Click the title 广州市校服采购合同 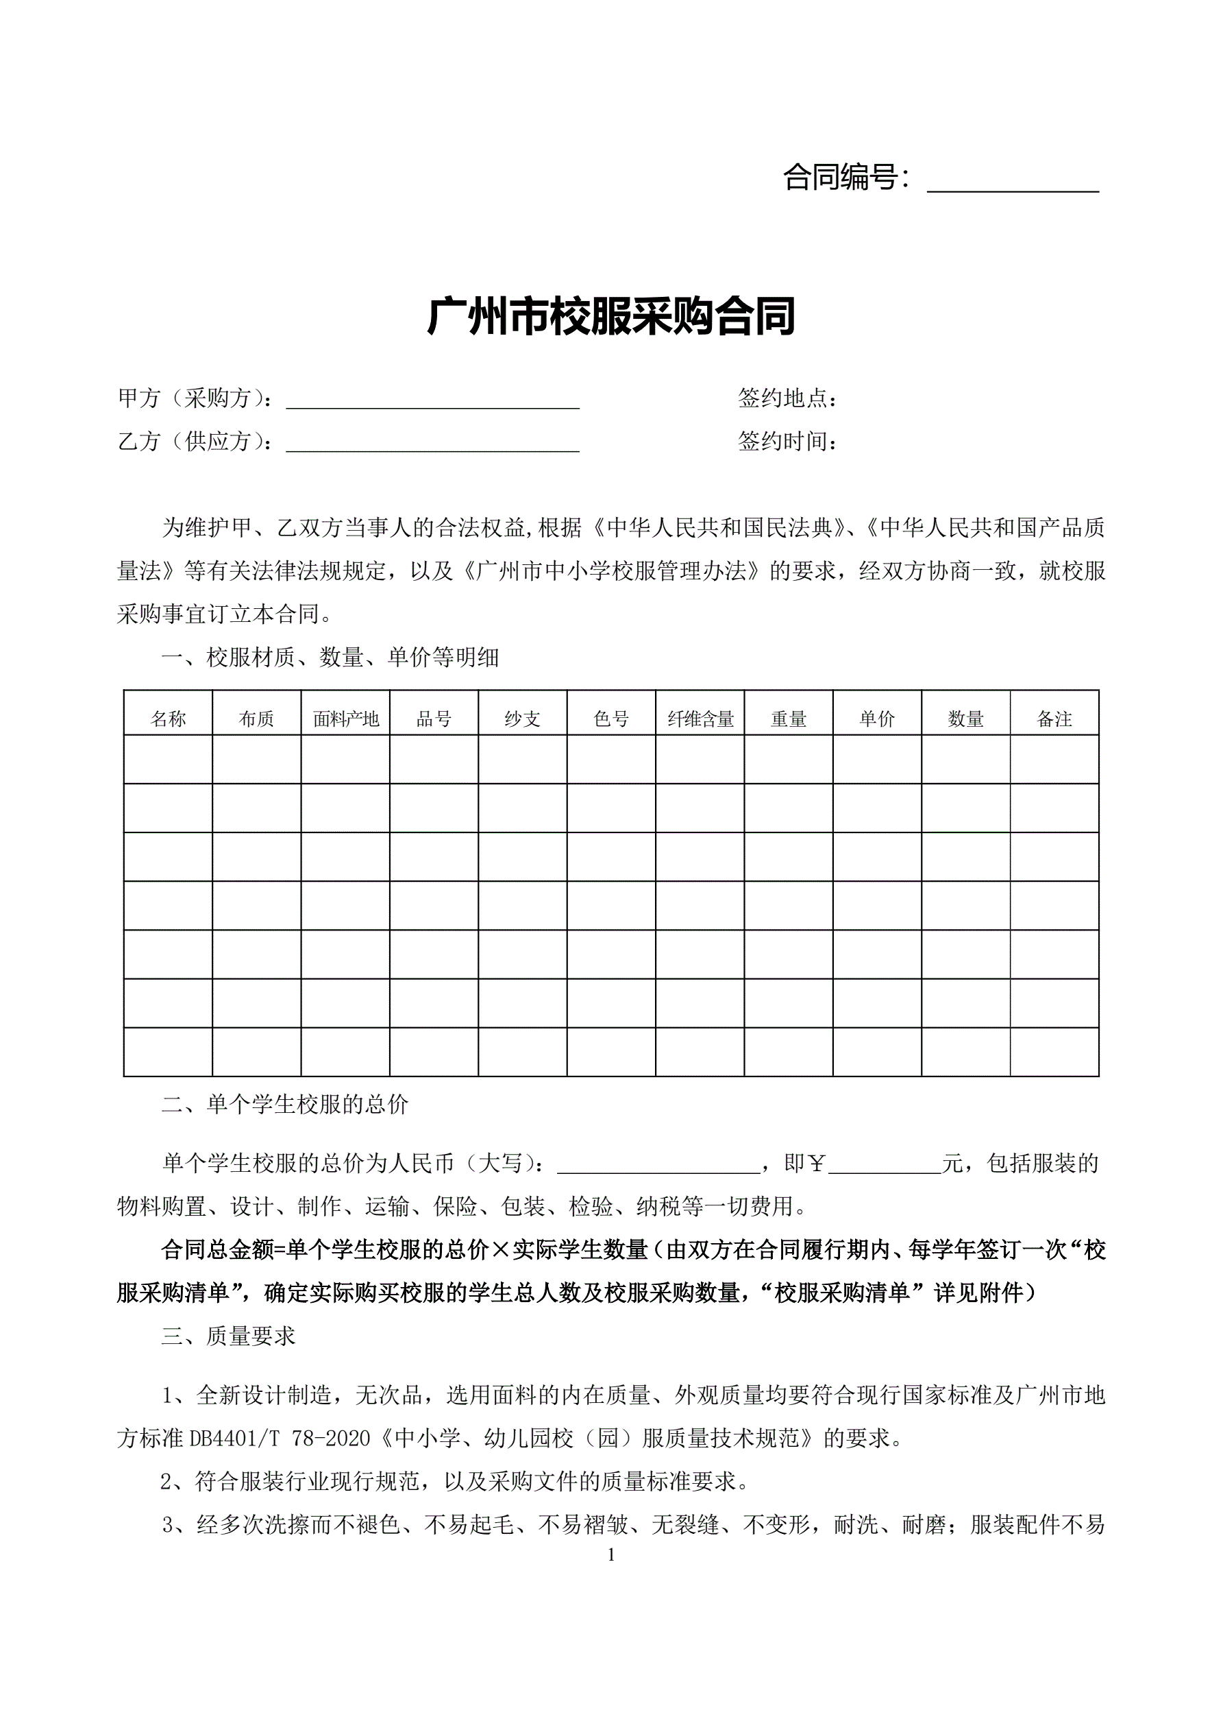pos(610,317)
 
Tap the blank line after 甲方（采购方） pos(432,399)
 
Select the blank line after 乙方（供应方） pos(432,442)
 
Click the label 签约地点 pos(787,398)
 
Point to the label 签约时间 pos(787,442)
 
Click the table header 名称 pos(168,719)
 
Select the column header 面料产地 pos(346,719)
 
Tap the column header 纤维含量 pos(700,719)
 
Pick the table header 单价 pos(877,719)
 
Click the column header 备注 pos(1054,719)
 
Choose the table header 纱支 pos(523,719)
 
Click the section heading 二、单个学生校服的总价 pos(284,1105)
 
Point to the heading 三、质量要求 pos(228,1336)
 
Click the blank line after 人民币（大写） pos(658,1165)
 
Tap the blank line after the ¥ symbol pos(884,1165)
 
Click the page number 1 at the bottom pos(610,1555)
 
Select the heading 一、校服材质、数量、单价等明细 pos(330,658)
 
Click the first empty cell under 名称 pos(168,760)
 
